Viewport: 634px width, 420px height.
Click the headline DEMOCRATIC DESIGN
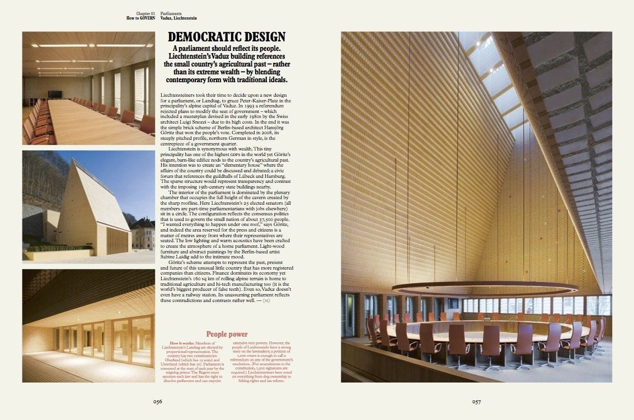(227, 38)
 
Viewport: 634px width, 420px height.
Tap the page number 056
(158, 401)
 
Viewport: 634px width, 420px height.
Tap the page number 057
(476, 401)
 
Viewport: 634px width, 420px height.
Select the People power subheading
(227, 334)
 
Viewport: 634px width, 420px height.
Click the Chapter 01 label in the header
(145, 12)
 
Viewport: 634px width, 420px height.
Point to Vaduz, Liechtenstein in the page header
(179, 18)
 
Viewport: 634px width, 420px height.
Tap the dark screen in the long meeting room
(55, 94)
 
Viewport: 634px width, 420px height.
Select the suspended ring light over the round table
(485, 288)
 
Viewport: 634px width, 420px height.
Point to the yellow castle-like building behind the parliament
(143, 232)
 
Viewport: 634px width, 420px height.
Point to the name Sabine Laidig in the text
(175, 256)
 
